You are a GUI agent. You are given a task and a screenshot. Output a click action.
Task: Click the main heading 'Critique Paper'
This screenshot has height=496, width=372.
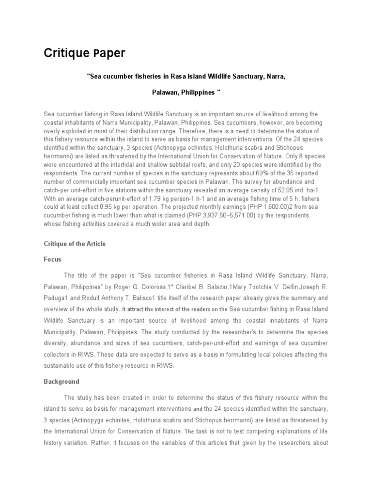tap(84, 53)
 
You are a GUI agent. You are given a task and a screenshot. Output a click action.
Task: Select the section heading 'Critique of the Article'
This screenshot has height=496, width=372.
tap(75, 244)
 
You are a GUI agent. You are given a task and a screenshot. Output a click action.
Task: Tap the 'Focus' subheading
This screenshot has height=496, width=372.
tap(52, 259)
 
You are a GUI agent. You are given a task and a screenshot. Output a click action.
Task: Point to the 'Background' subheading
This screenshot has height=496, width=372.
tap(62, 382)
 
